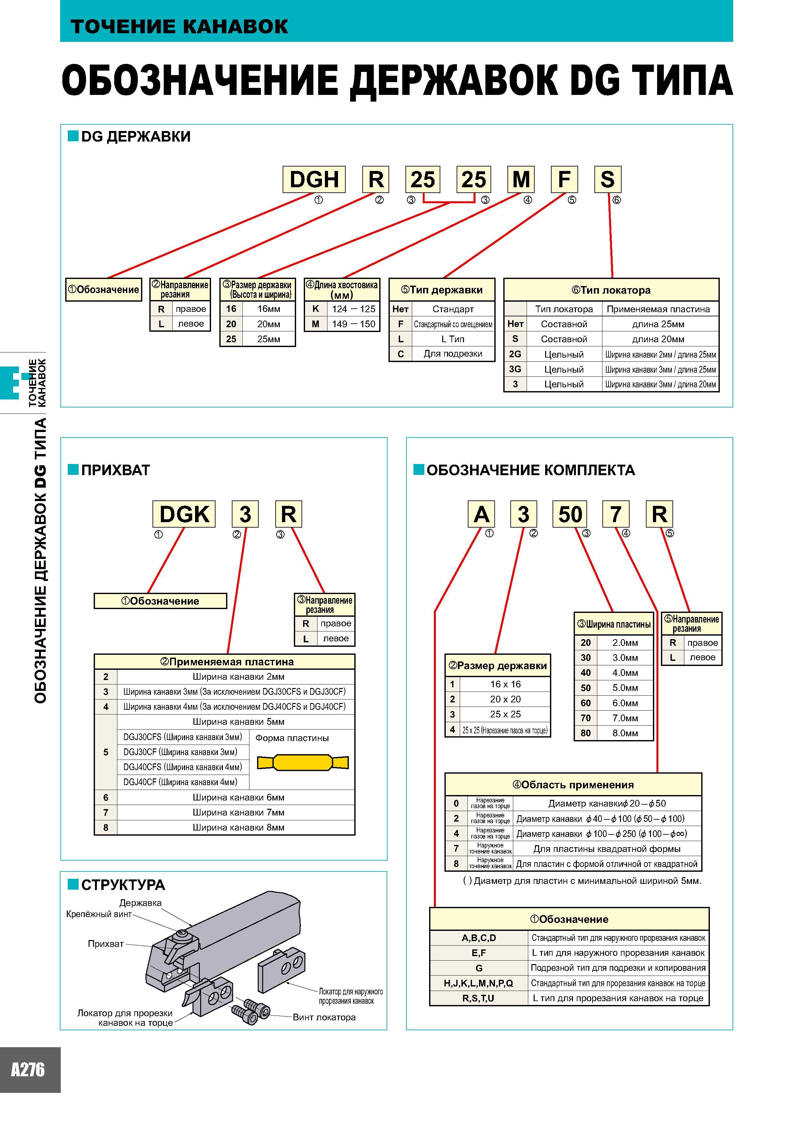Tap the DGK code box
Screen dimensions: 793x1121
(184, 514)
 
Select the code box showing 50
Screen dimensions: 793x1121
(570, 514)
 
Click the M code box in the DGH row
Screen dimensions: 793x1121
(521, 179)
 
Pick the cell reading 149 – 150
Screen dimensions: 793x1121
(353, 324)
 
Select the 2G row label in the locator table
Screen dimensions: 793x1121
(515, 354)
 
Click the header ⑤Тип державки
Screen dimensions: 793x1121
(442, 290)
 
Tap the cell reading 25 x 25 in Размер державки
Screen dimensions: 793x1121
(505, 714)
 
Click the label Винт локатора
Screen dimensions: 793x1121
(324, 1017)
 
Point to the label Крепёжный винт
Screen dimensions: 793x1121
(99, 914)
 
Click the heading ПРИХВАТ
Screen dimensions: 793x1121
(116, 470)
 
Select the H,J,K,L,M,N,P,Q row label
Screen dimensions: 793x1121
(478, 983)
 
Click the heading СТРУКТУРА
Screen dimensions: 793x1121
(123, 885)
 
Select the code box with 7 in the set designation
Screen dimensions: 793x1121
(616, 514)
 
